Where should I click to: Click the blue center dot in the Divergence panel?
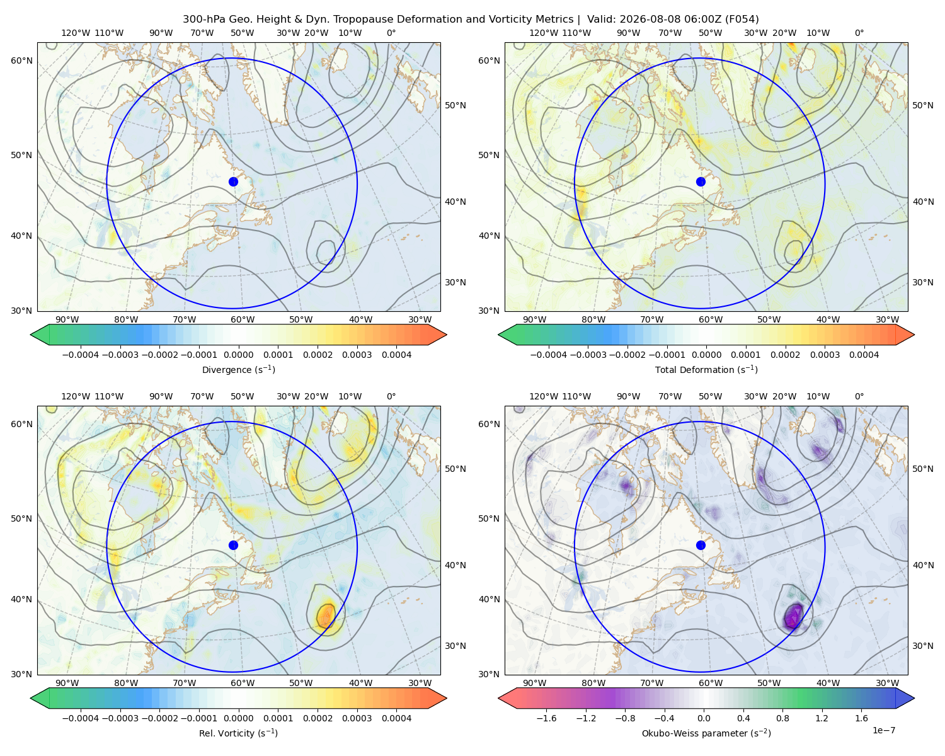pyautogui.click(x=233, y=181)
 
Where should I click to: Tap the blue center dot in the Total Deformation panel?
pyautogui.click(x=701, y=181)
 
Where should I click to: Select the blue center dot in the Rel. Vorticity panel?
pyautogui.click(x=233, y=545)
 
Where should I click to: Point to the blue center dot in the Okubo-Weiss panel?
pyautogui.click(x=701, y=545)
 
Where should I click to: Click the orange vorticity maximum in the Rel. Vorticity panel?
pyautogui.click(x=326, y=614)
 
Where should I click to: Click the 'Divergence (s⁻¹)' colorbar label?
pyautogui.click(x=238, y=369)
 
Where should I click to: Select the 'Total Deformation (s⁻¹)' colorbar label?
pyautogui.click(x=706, y=369)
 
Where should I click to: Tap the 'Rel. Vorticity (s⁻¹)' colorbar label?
pyautogui.click(x=238, y=733)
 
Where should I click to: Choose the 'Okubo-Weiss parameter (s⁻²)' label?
pyautogui.click(x=706, y=733)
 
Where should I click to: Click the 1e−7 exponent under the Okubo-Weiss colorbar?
pyautogui.click(x=883, y=730)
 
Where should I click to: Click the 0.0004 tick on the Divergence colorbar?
pyautogui.click(x=396, y=355)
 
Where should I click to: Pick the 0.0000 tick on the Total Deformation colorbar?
pyautogui.click(x=706, y=355)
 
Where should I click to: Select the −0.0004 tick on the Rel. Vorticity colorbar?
pyautogui.click(x=81, y=718)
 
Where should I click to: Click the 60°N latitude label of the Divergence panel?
pyautogui.click(x=21, y=60)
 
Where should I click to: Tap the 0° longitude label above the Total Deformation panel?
pyautogui.click(x=859, y=33)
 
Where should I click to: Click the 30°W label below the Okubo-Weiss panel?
pyautogui.click(x=887, y=683)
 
